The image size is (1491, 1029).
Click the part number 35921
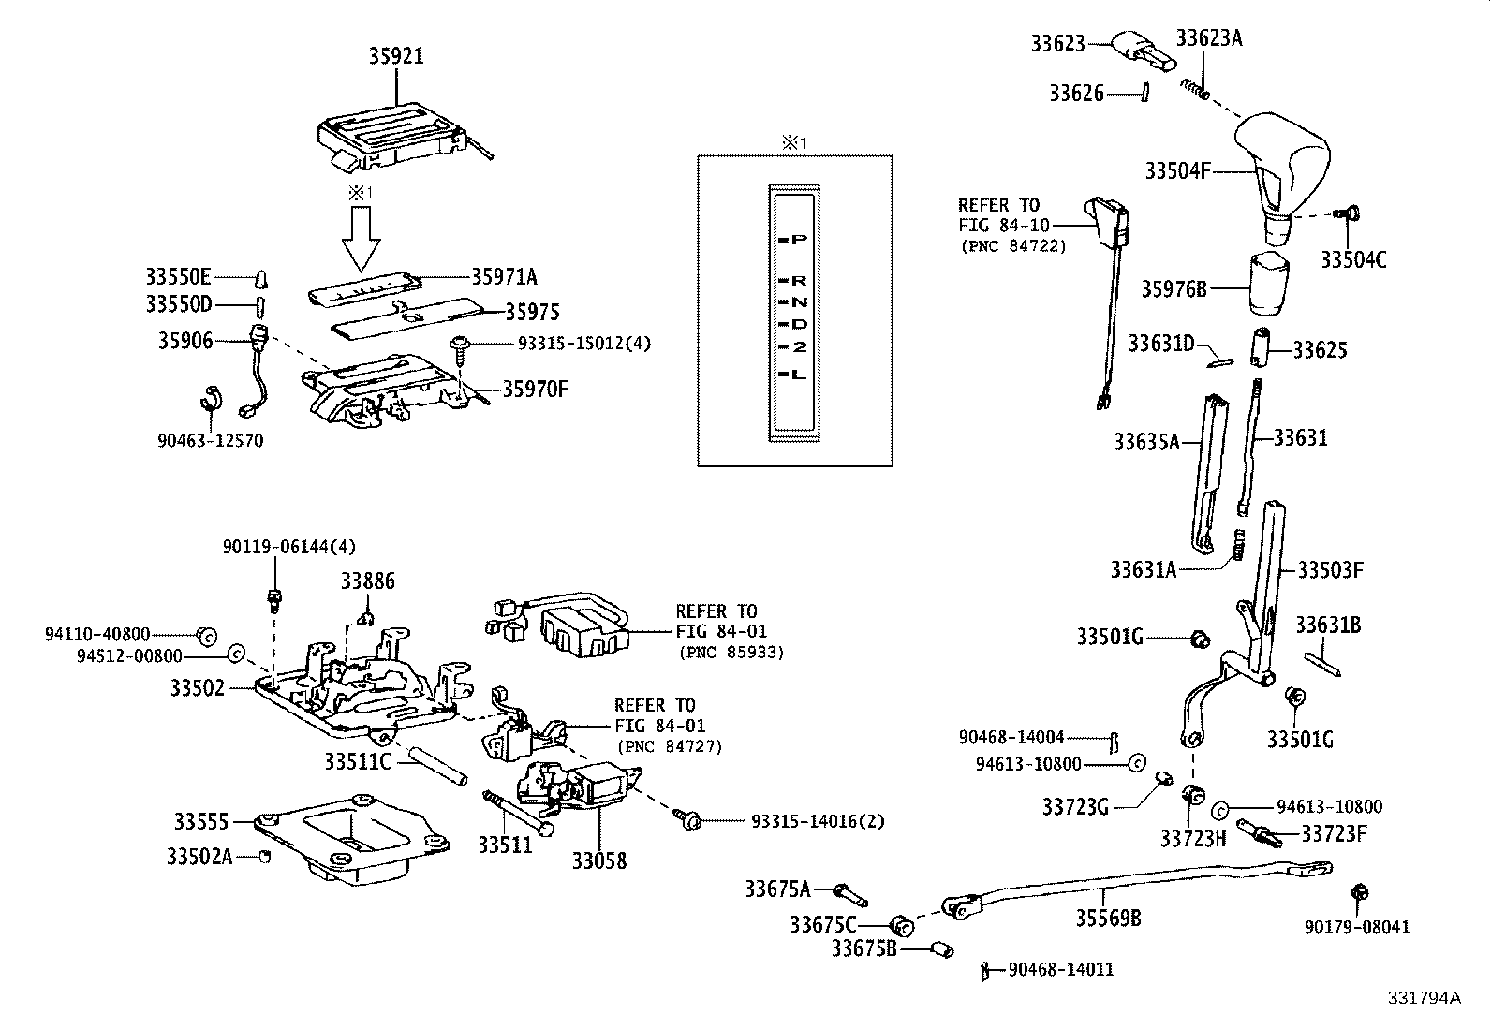pos(394,56)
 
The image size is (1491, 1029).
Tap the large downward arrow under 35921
pos(362,239)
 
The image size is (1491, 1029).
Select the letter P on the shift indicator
pos(799,240)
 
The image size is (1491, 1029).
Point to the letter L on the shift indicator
pos(798,375)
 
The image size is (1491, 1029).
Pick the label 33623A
pos(1209,37)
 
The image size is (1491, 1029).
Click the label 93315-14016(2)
pos(818,821)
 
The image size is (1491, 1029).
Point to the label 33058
pos(599,860)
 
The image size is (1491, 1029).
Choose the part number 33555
pos(200,821)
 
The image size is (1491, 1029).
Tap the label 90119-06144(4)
pos(289,547)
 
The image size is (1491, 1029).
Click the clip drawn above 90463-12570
pos(210,398)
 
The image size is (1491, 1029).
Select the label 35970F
pos(535,389)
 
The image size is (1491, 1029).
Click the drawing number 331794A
pos(1424,997)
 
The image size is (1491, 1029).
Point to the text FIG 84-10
pos(1003,225)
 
